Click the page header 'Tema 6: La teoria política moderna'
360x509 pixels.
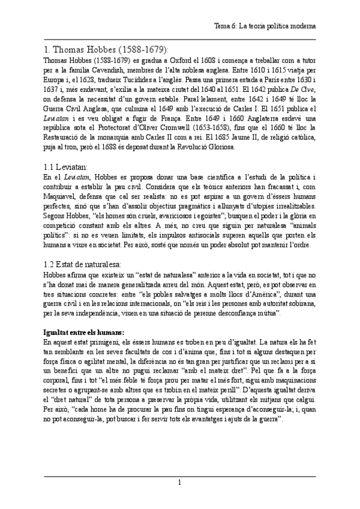coord(265,27)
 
